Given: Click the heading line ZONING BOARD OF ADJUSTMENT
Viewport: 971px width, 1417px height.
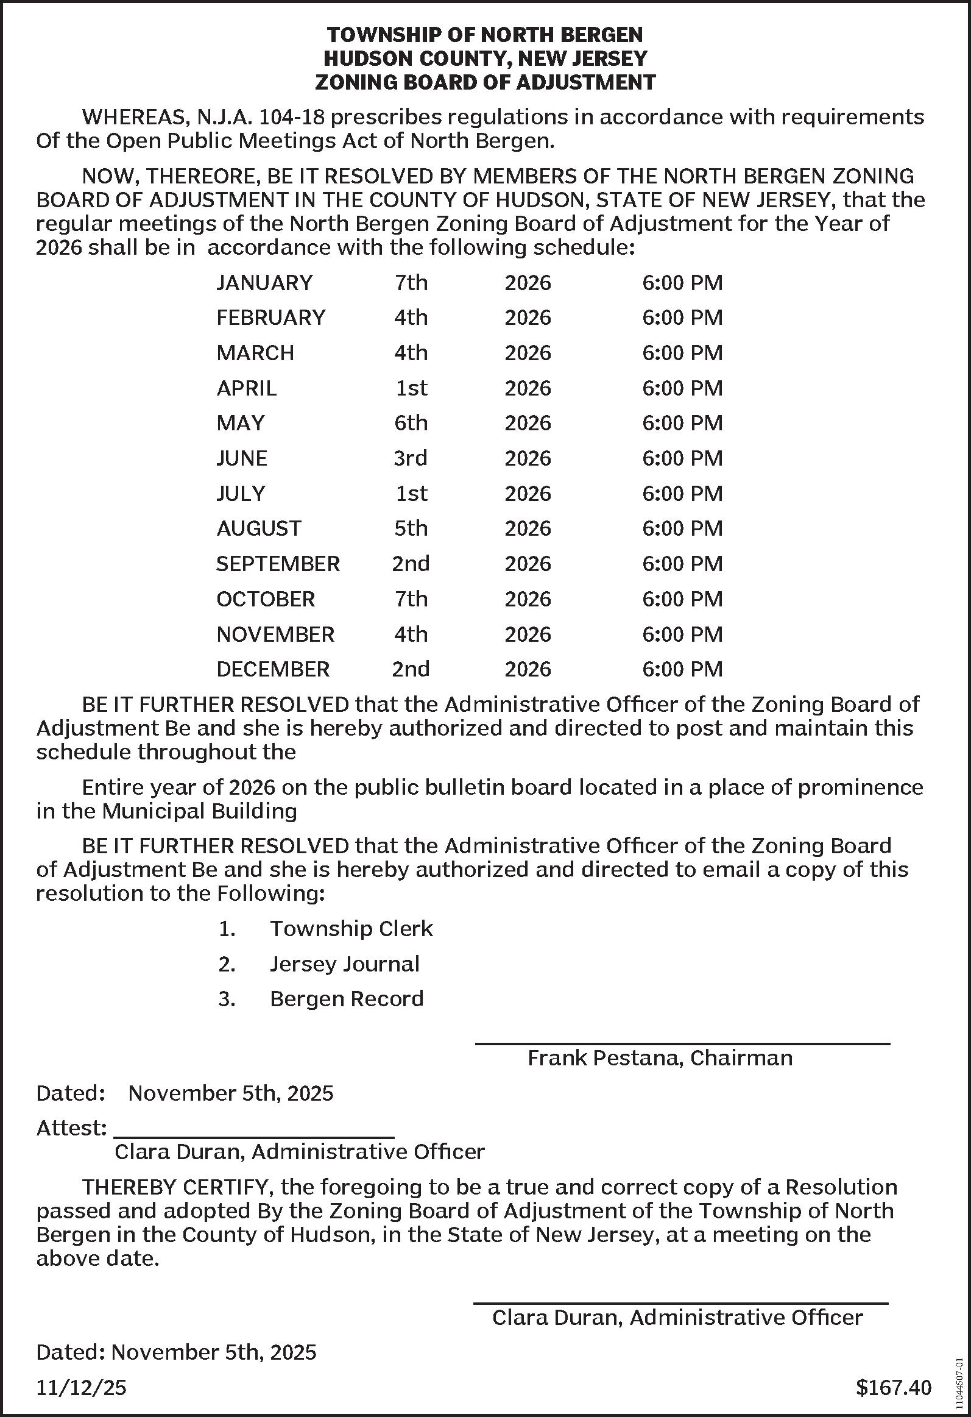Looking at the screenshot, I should [x=485, y=82].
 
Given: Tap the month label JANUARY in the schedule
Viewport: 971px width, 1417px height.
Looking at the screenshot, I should [x=264, y=283].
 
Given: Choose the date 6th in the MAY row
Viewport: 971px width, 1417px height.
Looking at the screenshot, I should [x=411, y=423].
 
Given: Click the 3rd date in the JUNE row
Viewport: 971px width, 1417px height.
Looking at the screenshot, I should [x=410, y=458].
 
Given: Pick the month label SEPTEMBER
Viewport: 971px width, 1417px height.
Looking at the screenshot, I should [x=278, y=564].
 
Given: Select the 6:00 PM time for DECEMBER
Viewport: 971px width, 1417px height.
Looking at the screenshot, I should [x=682, y=669].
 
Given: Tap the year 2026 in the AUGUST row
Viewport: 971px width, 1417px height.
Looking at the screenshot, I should [x=528, y=528].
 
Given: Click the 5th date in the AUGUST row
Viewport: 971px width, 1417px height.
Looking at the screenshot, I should [x=411, y=528].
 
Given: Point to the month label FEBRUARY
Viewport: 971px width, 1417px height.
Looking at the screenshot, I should [x=270, y=318].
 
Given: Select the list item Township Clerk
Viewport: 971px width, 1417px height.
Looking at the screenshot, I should [x=351, y=929].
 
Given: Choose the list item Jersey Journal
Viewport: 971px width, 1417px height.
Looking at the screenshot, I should [x=344, y=964].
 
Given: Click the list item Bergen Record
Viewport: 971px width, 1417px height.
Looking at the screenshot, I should [x=346, y=999].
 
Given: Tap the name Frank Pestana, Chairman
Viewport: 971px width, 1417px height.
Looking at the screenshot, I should [x=660, y=1058].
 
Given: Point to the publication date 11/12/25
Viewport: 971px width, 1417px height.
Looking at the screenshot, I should [x=81, y=1388].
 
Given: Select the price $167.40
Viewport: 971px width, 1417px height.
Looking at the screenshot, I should [x=894, y=1388].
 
